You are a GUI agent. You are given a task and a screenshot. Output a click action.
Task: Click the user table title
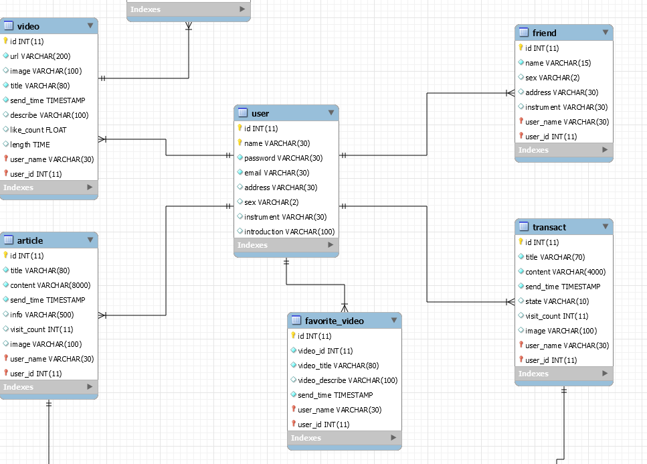(260, 114)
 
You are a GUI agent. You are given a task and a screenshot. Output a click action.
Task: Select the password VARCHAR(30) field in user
(283, 158)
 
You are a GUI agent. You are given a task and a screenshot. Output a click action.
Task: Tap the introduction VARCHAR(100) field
(289, 232)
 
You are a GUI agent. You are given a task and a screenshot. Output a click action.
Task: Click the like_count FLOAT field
(38, 130)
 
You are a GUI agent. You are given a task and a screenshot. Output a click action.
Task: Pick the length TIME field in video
(29, 145)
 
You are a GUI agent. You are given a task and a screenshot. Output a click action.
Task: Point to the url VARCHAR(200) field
(40, 56)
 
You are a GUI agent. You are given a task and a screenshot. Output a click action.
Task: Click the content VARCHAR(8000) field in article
(50, 285)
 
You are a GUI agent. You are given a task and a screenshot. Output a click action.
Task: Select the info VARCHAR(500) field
(41, 315)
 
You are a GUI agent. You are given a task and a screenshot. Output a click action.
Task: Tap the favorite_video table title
(335, 321)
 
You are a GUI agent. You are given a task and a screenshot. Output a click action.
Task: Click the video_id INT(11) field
(325, 351)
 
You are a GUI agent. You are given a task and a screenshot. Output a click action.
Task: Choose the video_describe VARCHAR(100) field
(347, 380)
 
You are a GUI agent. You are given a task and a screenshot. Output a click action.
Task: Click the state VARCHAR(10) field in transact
(557, 301)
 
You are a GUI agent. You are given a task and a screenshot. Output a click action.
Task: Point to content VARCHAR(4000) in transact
(565, 272)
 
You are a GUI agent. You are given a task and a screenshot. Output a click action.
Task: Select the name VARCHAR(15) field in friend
(558, 63)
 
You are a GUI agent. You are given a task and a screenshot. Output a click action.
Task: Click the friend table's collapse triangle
(606, 32)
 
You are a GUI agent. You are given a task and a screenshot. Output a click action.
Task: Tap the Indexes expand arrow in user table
(331, 245)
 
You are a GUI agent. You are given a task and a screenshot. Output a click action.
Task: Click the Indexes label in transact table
(533, 374)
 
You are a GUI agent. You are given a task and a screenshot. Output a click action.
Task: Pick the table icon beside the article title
(9, 240)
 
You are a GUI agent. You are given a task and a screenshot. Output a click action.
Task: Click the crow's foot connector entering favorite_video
(345, 307)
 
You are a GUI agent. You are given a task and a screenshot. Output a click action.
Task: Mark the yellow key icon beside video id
(5, 41)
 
